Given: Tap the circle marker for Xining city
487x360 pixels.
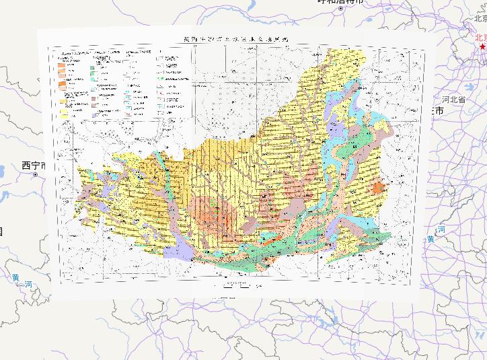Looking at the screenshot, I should click(x=34, y=174).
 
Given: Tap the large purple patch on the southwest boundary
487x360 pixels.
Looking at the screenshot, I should click(x=176, y=250).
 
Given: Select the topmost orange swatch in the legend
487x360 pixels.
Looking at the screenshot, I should click(x=61, y=59).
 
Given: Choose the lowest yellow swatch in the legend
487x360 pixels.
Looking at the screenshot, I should click(x=65, y=116).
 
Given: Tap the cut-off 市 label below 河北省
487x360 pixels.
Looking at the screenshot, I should click(x=439, y=110).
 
